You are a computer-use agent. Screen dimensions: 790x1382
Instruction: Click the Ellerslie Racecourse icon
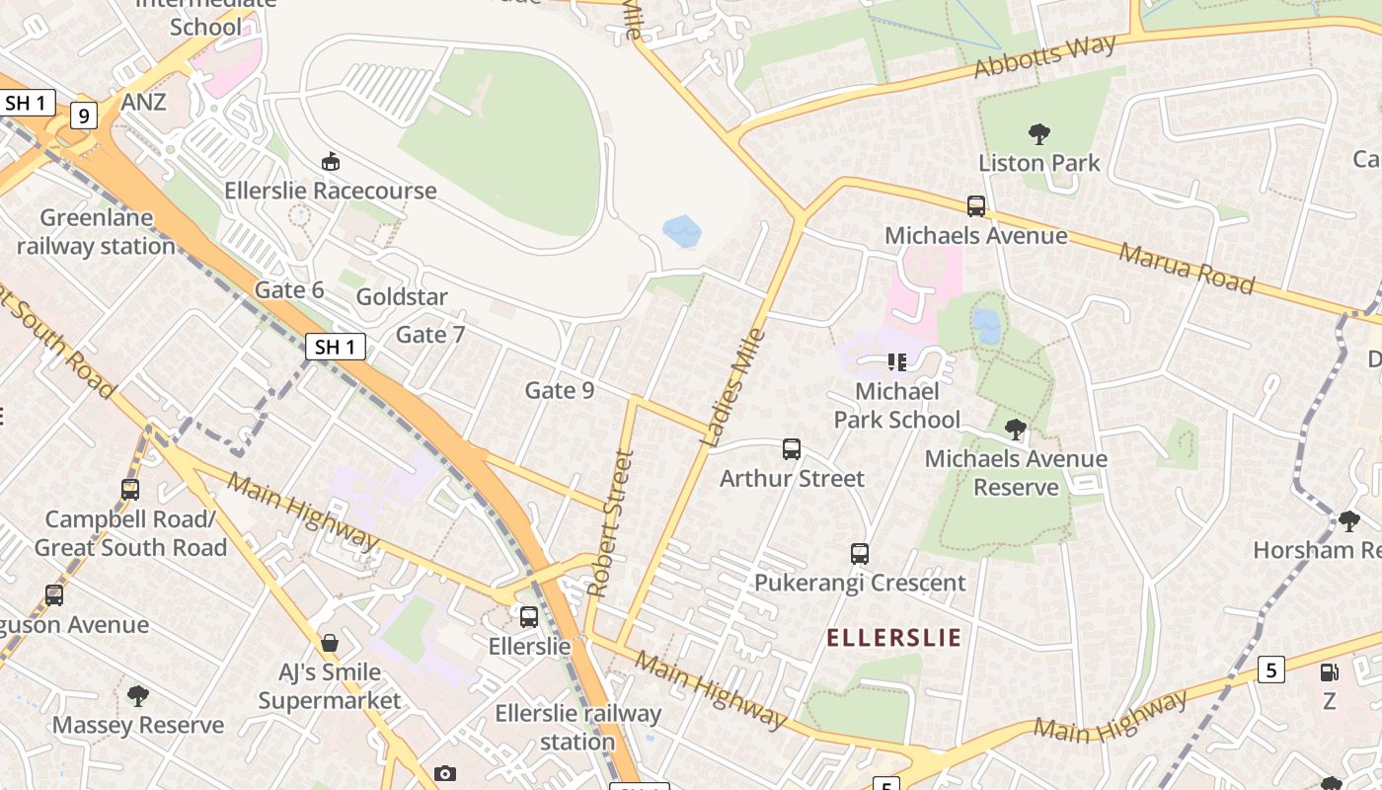pyautogui.click(x=331, y=161)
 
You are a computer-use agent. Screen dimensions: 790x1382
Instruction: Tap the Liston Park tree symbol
pyautogui.click(x=1038, y=133)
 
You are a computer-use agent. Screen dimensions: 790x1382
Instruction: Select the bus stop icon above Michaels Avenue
pyautogui.click(x=976, y=206)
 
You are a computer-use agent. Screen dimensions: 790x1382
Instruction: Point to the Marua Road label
pyautogui.click(x=1186, y=268)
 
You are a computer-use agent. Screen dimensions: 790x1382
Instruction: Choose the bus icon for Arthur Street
pyautogui.click(x=792, y=449)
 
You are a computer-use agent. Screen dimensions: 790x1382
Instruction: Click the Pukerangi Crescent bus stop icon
pyautogui.click(x=860, y=554)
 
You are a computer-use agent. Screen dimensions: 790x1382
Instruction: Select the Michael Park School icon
pyautogui.click(x=896, y=362)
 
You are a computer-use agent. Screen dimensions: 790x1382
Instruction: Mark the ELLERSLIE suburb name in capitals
pyautogui.click(x=893, y=637)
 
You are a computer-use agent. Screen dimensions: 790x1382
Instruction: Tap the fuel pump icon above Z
pyautogui.click(x=1330, y=672)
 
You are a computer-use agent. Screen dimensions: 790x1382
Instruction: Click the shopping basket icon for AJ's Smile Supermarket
pyautogui.click(x=330, y=643)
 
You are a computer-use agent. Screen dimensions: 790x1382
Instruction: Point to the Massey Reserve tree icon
pyautogui.click(x=138, y=696)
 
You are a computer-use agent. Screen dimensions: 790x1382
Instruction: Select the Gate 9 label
pyautogui.click(x=560, y=390)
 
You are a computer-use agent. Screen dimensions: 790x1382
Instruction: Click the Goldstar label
pyautogui.click(x=402, y=296)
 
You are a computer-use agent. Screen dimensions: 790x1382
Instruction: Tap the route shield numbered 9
pyautogui.click(x=84, y=117)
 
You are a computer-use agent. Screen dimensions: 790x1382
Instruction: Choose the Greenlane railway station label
pyautogui.click(x=97, y=232)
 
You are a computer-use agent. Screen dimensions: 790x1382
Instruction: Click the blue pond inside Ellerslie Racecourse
pyautogui.click(x=682, y=232)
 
